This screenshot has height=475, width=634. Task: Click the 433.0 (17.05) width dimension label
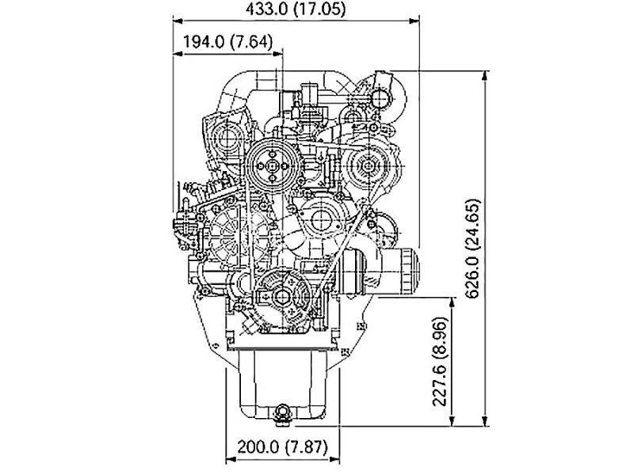(x=296, y=9)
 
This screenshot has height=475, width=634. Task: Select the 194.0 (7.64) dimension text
(x=228, y=41)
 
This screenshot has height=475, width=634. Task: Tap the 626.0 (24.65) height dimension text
(x=472, y=249)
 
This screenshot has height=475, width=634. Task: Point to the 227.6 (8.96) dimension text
(x=440, y=362)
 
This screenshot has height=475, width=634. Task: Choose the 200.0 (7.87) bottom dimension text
(x=282, y=446)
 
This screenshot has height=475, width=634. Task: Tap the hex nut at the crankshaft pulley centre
(x=281, y=297)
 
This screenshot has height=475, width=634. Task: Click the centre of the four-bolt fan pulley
(x=272, y=165)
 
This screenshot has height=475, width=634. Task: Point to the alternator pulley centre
(x=368, y=165)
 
